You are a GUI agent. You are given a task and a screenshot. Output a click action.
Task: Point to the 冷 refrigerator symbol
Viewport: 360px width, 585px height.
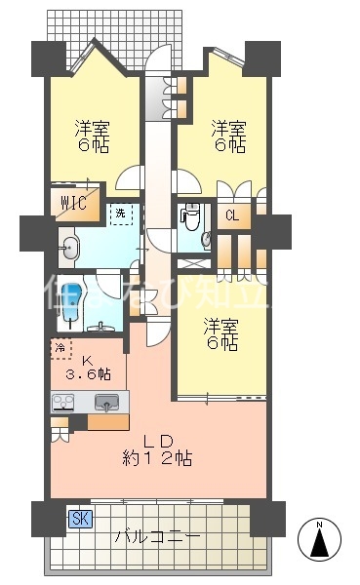[x=60, y=348]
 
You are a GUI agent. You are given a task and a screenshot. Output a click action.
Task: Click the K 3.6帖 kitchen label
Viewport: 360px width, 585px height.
[x=88, y=367]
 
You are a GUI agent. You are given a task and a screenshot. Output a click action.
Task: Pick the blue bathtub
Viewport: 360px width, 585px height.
[x=69, y=301]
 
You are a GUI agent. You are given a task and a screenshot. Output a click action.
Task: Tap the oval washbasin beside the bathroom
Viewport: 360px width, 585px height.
[x=69, y=248]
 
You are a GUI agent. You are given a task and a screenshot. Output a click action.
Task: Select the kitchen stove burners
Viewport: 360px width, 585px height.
[x=65, y=401]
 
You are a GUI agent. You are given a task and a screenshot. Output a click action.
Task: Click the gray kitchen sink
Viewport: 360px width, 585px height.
[x=106, y=401]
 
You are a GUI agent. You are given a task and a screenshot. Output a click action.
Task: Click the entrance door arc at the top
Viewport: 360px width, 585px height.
[x=156, y=60]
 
